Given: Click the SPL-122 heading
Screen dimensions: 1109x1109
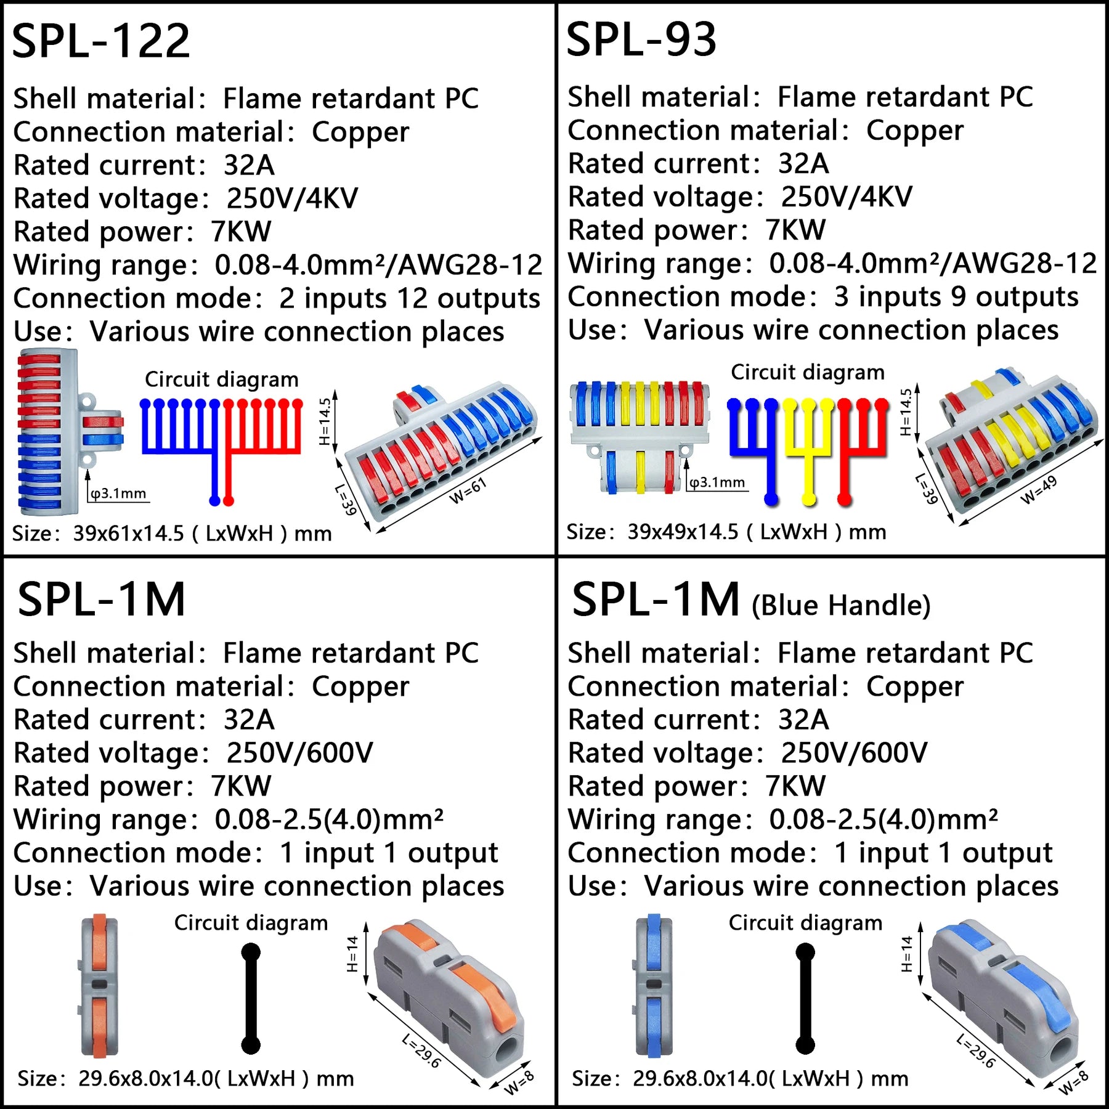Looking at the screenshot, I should pos(101,41).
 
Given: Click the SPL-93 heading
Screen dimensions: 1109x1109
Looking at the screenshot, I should pos(641,39).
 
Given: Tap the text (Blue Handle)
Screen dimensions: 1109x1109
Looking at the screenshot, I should pos(841,606).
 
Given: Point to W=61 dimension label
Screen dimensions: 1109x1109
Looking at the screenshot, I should pos(468,490).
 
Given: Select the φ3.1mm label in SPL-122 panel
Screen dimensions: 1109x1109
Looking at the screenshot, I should pos(118,494).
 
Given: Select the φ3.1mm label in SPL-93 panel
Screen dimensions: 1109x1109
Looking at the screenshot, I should pos(717,482).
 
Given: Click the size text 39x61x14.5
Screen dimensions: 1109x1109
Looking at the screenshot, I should pos(128,534).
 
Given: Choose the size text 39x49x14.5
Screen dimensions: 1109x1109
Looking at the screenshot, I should pos(683,532).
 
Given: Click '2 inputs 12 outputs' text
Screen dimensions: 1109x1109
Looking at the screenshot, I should pos(409,299).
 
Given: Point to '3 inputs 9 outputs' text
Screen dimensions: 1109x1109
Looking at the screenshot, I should pos(956,297).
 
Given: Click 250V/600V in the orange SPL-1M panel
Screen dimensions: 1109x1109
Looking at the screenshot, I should pos(299,753).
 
